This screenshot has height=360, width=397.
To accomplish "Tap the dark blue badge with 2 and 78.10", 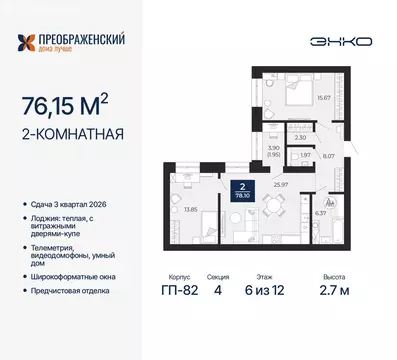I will click(241, 190).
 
